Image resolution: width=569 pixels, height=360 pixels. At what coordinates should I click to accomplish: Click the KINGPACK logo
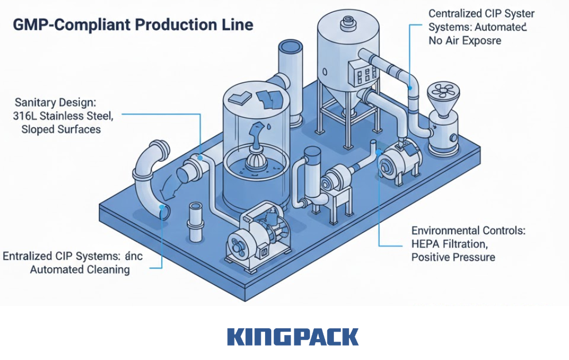pos(293,337)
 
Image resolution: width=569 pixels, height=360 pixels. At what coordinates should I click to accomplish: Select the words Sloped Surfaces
pos(61,129)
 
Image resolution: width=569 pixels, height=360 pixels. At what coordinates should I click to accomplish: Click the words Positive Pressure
pos(453,257)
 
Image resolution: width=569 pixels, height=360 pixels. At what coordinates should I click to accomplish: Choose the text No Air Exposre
pos(465,41)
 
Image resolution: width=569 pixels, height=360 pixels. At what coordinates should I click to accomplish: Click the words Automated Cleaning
pos(79,270)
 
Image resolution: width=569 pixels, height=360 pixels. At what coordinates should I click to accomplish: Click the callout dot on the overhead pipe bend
pos(410,87)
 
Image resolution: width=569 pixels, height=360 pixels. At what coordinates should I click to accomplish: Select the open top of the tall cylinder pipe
pos(290,48)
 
